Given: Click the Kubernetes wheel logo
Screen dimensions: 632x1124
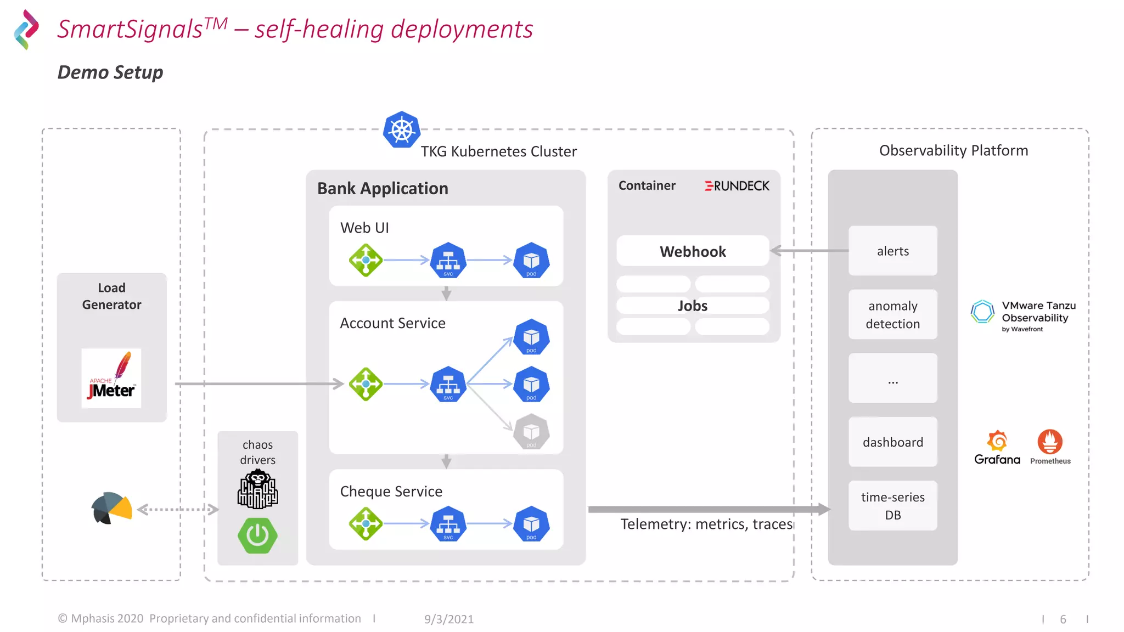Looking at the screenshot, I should pyautogui.click(x=402, y=130).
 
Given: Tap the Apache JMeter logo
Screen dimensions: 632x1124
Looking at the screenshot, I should pyautogui.click(x=111, y=378).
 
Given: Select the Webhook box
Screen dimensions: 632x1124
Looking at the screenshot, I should pyautogui.click(x=693, y=251).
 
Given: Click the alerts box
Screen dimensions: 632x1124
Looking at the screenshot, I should pyautogui.click(x=892, y=251).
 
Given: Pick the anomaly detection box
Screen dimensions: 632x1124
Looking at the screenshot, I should pyautogui.click(x=892, y=314).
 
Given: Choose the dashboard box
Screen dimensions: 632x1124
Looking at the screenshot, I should pyautogui.click(x=892, y=442).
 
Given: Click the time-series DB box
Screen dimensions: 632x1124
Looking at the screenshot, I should pyautogui.click(x=892, y=505).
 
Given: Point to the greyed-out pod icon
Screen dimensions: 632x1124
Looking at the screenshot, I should pyautogui.click(x=531, y=432).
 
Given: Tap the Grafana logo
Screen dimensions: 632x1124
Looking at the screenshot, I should pyautogui.click(x=997, y=447).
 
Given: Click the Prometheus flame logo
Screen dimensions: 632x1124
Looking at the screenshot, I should pyautogui.click(x=1050, y=442).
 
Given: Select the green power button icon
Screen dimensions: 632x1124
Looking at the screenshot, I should pyautogui.click(x=257, y=535).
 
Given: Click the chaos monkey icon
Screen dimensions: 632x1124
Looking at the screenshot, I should pyautogui.click(x=257, y=489).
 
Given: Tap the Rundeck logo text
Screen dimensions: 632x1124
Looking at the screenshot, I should pyautogui.click(x=737, y=186).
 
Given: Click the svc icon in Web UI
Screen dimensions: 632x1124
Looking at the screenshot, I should pyautogui.click(x=448, y=260).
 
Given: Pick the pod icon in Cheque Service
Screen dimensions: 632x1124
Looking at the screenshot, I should pyautogui.click(x=531, y=523).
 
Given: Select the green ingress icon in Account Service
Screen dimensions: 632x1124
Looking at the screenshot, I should pyautogui.click(x=366, y=384).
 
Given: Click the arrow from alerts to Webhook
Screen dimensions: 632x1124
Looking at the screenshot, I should pyautogui.click(x=809, y=251).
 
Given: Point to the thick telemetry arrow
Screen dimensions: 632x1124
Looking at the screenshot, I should pyautogui.click(x=708, y=509).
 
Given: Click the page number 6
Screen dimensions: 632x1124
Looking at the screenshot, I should pyautogui.click(x=1063, y=619).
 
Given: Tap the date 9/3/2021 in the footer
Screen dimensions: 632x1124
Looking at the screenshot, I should pyautogui.click(x=448, y=619).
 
